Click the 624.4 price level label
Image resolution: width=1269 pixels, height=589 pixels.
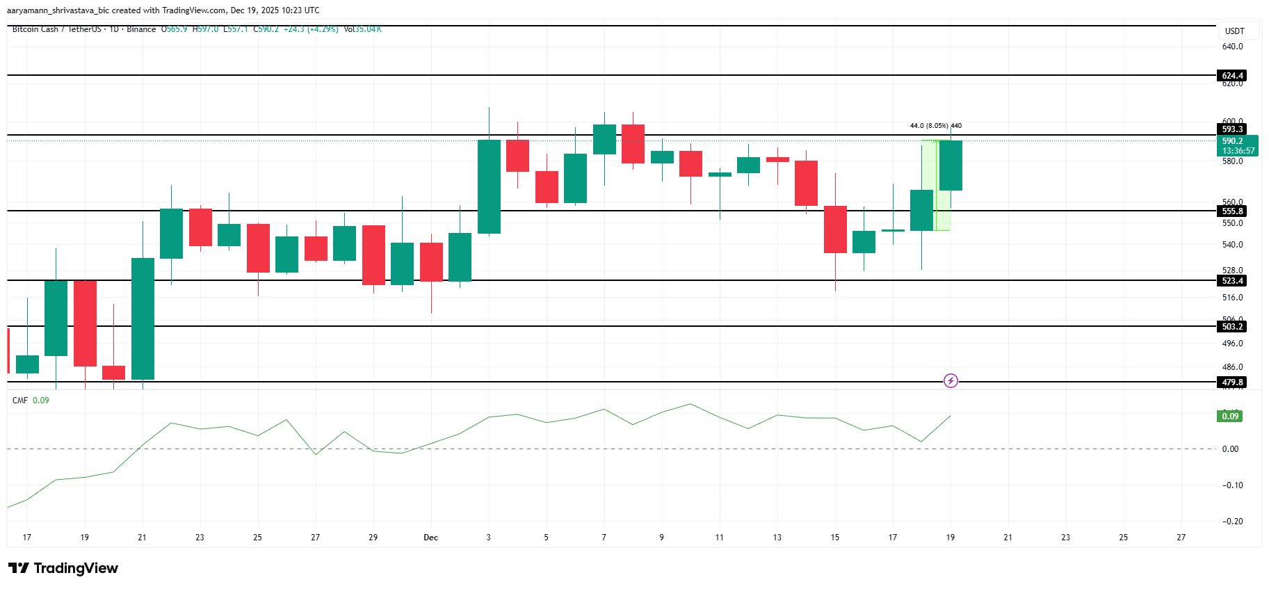point(1233,75)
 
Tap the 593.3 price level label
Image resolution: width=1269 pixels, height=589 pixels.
point(1233,129)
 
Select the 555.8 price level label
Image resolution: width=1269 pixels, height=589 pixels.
point(1233,211)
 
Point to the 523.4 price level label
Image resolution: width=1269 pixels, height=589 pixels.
point(1233,281)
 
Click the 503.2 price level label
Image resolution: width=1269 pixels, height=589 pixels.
point(1233,326)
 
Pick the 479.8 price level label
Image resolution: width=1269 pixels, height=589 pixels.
point(1233,382)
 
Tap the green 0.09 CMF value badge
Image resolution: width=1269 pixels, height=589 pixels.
point(1230,416)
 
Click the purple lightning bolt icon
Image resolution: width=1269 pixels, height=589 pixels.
point(951,380)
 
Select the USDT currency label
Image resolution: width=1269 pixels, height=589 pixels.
point(1234,31)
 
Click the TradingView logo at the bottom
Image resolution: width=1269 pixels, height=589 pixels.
point(63,568)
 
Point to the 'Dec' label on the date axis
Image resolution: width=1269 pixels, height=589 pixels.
point(430,537)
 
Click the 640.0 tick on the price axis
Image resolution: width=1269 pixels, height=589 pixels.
point(1232,47)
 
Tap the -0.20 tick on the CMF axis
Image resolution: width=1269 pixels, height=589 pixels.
point(1232,521)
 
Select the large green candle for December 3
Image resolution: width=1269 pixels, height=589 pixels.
point(489,186)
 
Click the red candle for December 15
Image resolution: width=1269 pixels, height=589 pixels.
point(835,229)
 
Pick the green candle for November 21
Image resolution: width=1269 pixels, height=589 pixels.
point(143,318)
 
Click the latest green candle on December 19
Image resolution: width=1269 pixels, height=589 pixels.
point(951,166)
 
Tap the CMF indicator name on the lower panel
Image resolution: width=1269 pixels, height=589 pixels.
point(20,401)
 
